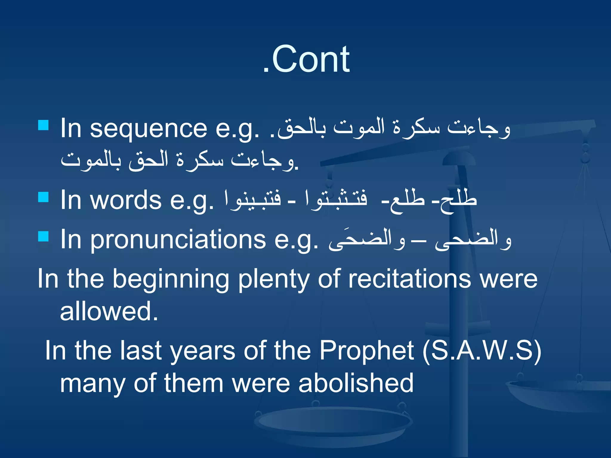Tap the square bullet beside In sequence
pos(44,125)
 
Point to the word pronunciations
pos(178,240)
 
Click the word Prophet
pos(367,351)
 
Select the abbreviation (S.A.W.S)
pos(482,351)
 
